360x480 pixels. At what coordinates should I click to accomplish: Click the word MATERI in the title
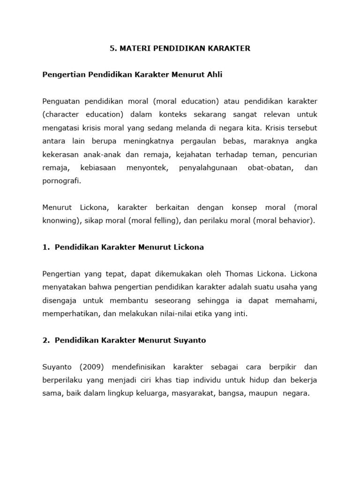[x=134, y=48]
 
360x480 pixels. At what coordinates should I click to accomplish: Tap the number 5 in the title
[x=112, y=48]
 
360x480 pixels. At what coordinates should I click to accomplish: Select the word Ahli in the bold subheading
[x=214, y=75]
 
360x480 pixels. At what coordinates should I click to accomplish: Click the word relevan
[x=275, y=114]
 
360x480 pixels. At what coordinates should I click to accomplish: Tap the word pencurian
[x=300, y=154]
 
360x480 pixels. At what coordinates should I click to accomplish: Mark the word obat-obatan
[x=269, y=167]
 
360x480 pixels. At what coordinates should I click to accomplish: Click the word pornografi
[x=61, y=180]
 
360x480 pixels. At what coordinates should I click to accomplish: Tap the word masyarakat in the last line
[x=196, y=393]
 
